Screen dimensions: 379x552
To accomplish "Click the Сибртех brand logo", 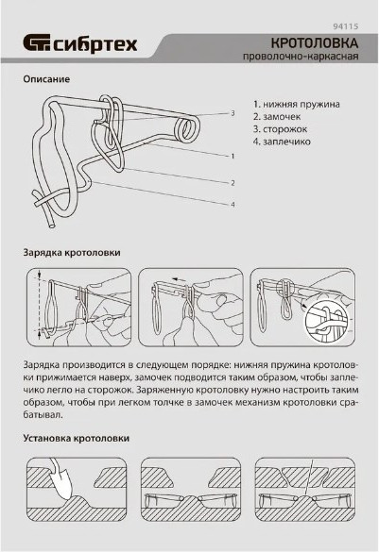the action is (x=80, y=44).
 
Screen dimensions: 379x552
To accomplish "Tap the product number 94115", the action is (x=346, y=26).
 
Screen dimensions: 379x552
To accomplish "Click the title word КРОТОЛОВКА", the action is (x=315, y=43).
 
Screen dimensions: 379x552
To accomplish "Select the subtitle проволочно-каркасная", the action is (x=301, y=57).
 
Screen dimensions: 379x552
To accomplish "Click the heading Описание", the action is (x=46, y=79).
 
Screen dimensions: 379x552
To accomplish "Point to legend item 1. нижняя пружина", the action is (x=297, y=104).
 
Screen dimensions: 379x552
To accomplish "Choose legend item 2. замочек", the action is (x=277, y=116).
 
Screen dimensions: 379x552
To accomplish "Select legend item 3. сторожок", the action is (x=280, y=129).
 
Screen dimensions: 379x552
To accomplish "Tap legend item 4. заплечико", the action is (x=282, y=142).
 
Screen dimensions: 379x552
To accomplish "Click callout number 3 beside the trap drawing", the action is (x=233, y=113).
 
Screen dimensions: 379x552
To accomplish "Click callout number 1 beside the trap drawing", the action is (x=233, y=156).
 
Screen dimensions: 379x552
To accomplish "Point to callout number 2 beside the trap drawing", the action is (x=233, y=183).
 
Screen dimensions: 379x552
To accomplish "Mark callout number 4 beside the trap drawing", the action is (x=233, y=204).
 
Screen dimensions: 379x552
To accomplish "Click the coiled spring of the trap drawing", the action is (x=187, y=129).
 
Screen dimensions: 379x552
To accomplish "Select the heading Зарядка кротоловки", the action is (x=72, y=253).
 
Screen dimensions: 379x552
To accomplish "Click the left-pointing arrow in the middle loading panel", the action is (x=179, y=279).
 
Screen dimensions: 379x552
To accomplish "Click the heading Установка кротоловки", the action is (x=77, y=439).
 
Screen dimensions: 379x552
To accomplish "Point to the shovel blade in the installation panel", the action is (x=64, y=485).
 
